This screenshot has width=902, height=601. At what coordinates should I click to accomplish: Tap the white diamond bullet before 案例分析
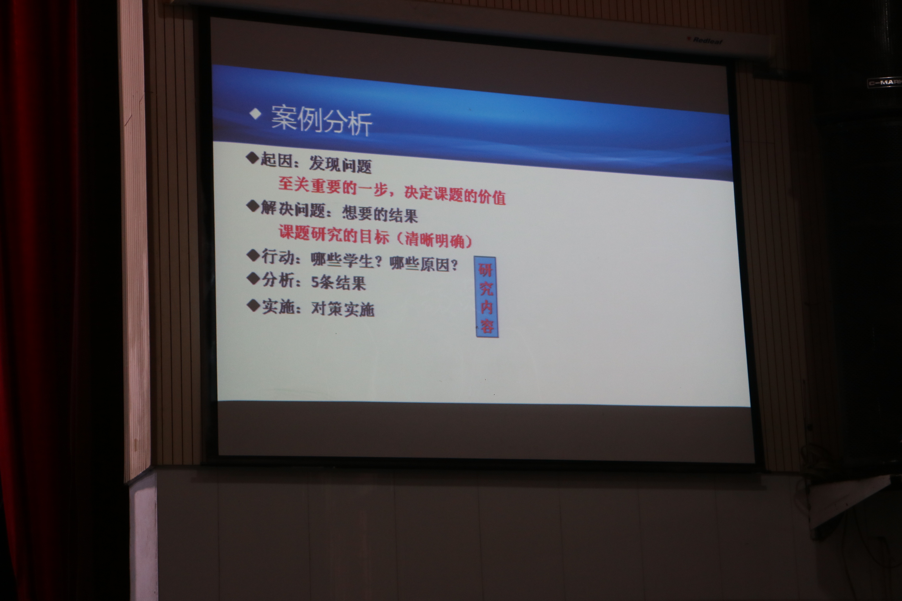tap(256, 114)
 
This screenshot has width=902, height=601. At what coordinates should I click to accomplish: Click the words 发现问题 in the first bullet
tap(340, 164)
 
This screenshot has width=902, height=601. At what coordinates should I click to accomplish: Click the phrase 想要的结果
tap(380, 214)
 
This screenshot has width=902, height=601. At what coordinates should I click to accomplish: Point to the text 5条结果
tap(338, 282)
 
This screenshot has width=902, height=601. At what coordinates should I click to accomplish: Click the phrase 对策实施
tap(343, 309)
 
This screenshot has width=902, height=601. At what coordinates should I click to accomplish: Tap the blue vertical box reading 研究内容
tap(486, 297)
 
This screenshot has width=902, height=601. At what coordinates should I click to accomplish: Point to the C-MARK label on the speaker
tap(885, 83)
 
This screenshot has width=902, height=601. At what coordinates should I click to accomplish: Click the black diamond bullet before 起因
tap(253, 158)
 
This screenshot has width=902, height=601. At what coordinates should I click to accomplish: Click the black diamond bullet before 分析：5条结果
tap(254, 279)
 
